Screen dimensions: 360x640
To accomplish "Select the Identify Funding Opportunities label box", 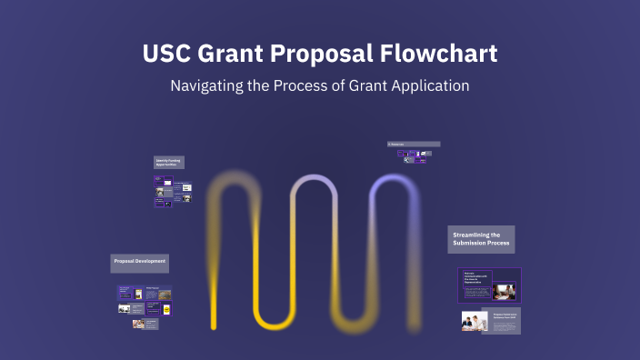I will click(x=167, y=162).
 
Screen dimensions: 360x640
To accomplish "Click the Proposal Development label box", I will click(x=140, y=262).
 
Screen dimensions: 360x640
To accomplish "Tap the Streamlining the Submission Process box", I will click(x=481, y=239).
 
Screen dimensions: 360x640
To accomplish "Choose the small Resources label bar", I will click(x=414, y=144).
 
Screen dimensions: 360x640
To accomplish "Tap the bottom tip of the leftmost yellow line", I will click(x=215, y=325).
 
